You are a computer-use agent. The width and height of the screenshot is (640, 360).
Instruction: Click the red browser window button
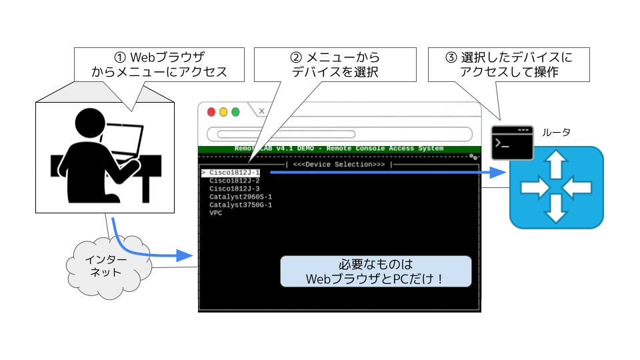click(211, 112)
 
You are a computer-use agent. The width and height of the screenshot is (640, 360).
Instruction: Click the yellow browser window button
click(223, 112)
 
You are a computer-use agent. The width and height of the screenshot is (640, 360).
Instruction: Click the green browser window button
click(235, 112)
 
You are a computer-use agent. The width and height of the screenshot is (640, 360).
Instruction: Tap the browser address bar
click(339, 133)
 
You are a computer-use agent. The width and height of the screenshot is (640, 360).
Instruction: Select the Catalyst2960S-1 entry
click(240, 197)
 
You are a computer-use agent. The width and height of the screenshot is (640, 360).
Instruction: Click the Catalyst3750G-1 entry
click(240, 205)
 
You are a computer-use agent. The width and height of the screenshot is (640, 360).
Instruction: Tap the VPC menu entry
click(215, 213)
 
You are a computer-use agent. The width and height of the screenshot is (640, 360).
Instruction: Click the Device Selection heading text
click(339, 164)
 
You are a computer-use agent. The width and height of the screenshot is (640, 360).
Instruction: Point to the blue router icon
click(557, 188)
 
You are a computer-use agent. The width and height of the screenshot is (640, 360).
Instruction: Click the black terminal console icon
click(512, 142)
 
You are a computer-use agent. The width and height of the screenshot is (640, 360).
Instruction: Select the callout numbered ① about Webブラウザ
click(159, 64)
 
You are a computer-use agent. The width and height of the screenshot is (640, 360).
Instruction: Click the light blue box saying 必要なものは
click(375, 271)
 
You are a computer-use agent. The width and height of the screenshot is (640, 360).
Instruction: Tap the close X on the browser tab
click(261, 111)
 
